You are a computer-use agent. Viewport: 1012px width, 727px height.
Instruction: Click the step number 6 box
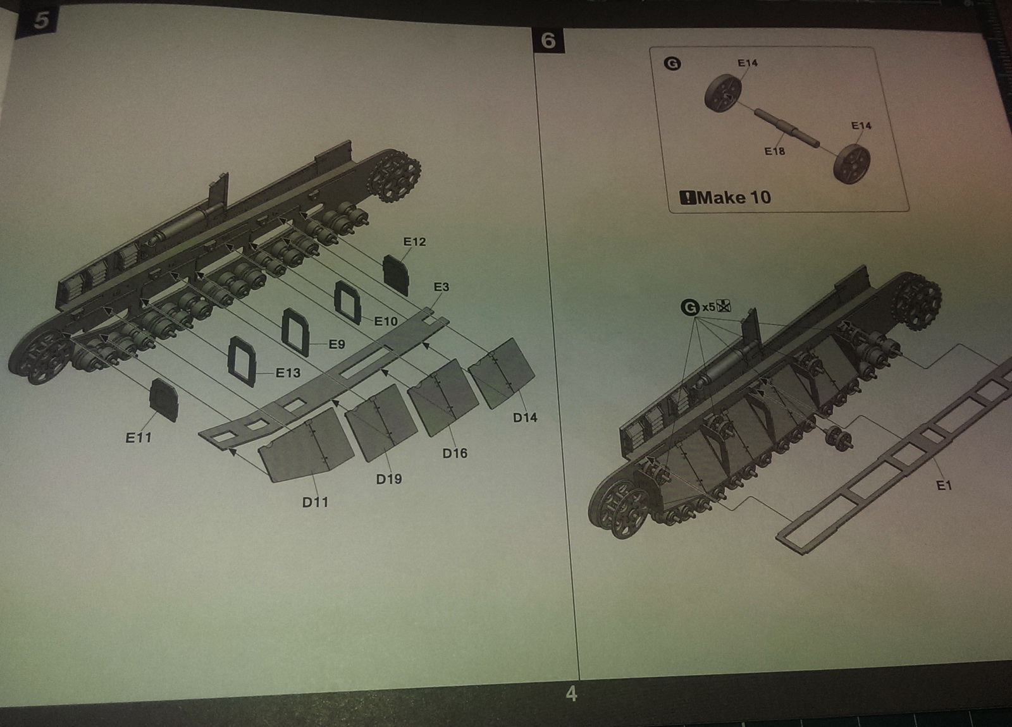pyautogui.click(x=548, y=40)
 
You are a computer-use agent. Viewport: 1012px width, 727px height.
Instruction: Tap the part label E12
pyautogui.click(x=414, y=241)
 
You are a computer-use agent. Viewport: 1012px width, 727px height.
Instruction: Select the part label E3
pyautogui.click(x=441, y=287)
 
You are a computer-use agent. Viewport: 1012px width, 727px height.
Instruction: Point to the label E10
pyautogui.click(x=386, y=321)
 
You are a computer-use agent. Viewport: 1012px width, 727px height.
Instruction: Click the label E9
pyautogui.click(x=336, y=345)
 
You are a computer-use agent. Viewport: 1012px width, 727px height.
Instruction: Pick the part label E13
pyautogui.click(x=288, y=373)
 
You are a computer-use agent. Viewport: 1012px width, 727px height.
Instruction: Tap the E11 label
pyautogui.click(x=139, y=437)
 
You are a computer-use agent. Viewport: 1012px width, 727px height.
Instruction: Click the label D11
pyautogui.click(x=315, y=502)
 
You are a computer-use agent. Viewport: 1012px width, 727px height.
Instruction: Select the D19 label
pyautogui.click(x=388, y=479)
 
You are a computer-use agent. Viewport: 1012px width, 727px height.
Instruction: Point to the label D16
pyautogui.click(x=455, y=453)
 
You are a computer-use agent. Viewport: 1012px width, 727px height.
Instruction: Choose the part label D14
pyautogui.click(x=525, y=417)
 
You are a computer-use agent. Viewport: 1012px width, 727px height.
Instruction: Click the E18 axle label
pyautogui.click(x=774, y=151)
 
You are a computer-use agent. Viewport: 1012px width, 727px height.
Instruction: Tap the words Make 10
pyautogui.click(x=734, y=197)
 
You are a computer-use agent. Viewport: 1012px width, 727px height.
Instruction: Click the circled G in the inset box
pyautogui.click(x=673, y=63)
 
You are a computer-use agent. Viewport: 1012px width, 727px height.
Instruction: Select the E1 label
pyautogui.click(x=944, y=486)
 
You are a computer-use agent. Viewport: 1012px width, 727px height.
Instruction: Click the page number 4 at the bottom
pyautogui.click(x=571, y=694)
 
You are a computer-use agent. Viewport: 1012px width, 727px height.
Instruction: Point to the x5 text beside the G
pyautogui.click(x=708, y=307)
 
